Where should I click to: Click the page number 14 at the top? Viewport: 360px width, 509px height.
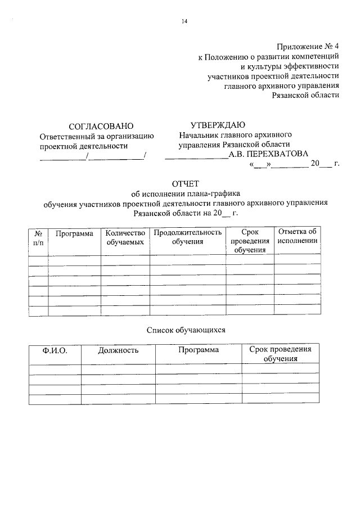(184, 21)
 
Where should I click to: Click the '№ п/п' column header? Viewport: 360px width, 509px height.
(38, 237)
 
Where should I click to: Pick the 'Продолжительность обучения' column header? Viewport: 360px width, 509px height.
(188, 237)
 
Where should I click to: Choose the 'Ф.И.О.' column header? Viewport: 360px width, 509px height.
(55, 350)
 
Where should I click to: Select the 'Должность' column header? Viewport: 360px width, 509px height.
(118, 350)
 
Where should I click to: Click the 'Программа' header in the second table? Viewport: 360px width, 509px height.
(199, 350)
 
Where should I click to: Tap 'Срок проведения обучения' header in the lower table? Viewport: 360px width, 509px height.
(280, 354)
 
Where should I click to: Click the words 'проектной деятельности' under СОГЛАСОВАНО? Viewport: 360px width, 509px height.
(84, 146)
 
